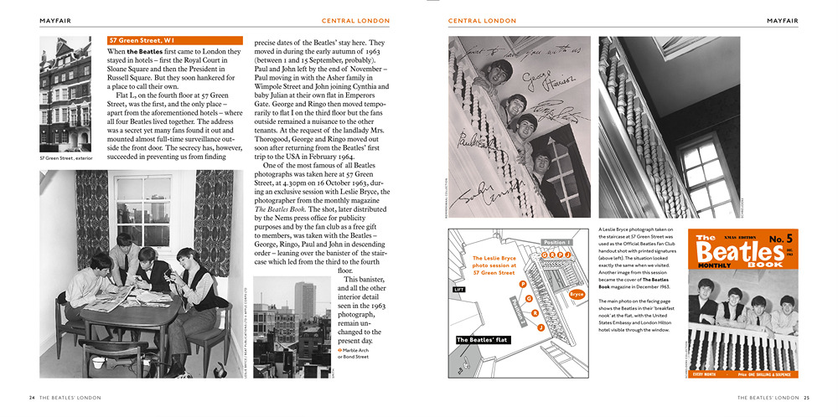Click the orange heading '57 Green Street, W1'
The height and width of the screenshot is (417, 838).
click(x=141, y=40)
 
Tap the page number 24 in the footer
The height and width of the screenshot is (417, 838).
click(x=32, y=397)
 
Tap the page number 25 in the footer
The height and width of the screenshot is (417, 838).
click(x=806, y=397)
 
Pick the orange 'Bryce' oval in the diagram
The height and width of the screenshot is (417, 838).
click(x=576, y=294)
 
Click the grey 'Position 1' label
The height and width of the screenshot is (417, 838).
click(x=556, y=242)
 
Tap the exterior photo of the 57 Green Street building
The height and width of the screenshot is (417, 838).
click(x=65, y=94)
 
